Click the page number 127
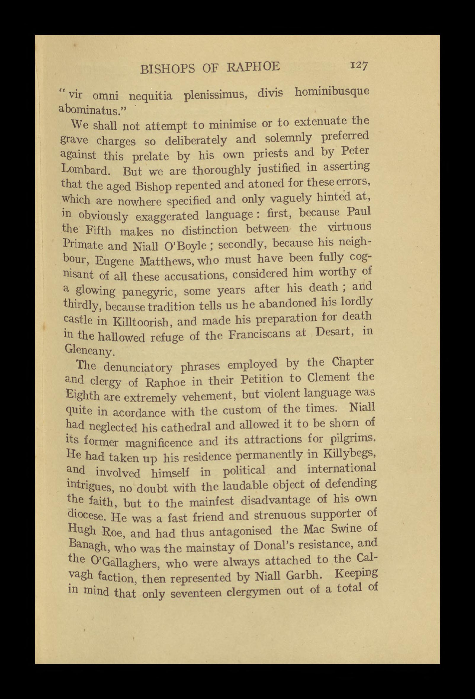tap(357, 66)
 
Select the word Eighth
tap(82, 395)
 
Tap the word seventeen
tap(192, 592)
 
